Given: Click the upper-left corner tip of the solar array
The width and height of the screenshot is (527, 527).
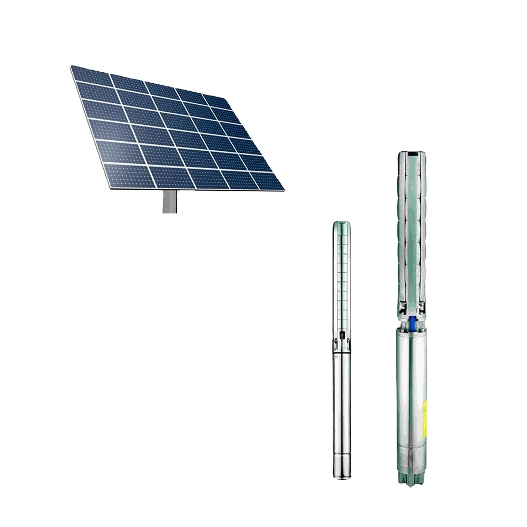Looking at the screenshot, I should tap(72, 66).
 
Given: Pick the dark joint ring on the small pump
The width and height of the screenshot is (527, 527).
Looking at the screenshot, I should tap(339, 352).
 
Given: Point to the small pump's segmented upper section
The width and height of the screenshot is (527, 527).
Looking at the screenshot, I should tap(339, 279).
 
